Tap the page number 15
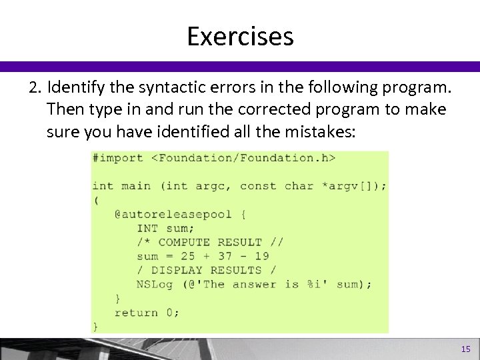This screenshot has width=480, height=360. pyautogui.click(x=465, y=349)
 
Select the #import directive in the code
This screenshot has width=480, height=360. pyautogui.click(x=118, y=158)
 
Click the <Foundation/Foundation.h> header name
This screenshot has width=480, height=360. pyautogui.click(x=243, y=158)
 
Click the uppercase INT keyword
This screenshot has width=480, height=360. pyautogui.click(x=147, y=228)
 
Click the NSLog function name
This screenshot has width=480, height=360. pyautogui.click(x=155, y=284)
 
